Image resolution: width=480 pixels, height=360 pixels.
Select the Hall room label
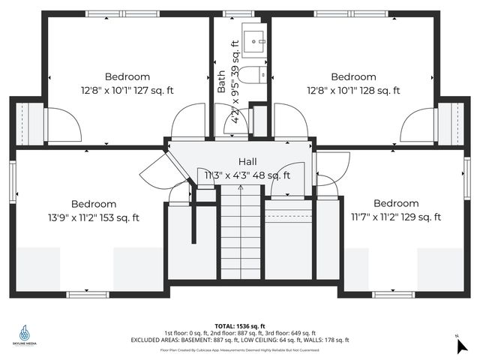248,162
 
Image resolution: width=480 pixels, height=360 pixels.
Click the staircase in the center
240,232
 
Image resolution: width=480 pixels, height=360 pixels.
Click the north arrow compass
461,344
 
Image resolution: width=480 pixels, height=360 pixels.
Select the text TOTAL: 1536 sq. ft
240,325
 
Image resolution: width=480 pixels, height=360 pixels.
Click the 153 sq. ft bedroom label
94,211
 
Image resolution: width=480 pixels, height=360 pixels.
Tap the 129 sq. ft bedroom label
396,210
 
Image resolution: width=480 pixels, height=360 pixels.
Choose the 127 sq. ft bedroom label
127,83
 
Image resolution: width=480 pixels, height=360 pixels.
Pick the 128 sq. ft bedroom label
353,83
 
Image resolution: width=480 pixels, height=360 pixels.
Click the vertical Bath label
221,81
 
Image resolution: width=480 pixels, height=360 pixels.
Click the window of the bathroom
240,13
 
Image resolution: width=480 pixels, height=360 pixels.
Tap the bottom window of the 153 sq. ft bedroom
88,294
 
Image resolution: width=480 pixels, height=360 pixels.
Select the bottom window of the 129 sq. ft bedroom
394,294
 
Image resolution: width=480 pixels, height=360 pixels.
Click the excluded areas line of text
240,340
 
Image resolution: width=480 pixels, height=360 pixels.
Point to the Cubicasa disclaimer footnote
240,349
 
